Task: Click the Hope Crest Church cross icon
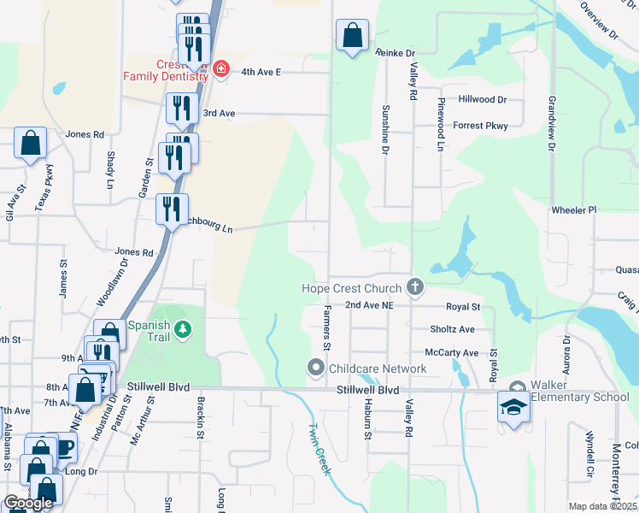point(415,287)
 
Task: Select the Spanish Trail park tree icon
point(181,329)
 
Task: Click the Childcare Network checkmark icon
point(315,369)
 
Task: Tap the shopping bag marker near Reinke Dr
point(352,36)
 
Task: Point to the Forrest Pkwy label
point(480,126)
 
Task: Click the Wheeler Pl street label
point(574,209)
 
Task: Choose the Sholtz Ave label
point(453,329)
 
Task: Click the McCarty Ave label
point(452,352)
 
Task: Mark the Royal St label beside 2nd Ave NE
point(464,306)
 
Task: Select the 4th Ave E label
point(261,73)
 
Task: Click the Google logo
point(27,503)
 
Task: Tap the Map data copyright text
point(602,506)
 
